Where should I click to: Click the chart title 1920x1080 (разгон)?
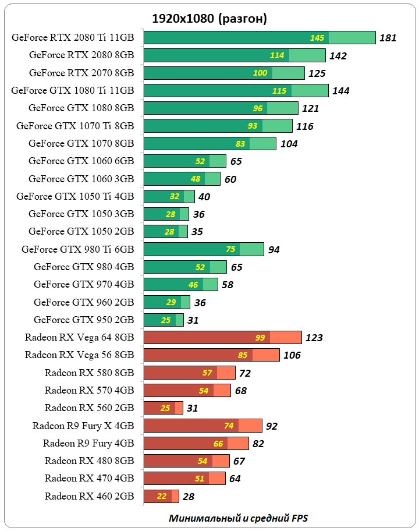[210, 19]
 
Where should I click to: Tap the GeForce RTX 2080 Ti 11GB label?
[73, 38]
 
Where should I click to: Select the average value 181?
[388, 38]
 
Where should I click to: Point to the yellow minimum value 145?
[317, 38]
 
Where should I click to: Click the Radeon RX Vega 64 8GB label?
[80, 337]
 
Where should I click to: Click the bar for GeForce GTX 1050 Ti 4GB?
[169, 196]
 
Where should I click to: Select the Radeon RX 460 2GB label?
[89, 496]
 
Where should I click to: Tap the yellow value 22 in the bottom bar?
[162, 497]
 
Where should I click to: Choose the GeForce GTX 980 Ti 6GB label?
[78, 249]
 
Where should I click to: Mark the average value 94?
[274, 250]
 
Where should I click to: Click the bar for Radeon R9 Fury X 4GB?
[203, 426]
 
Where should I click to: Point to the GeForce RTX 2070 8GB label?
[81, 73]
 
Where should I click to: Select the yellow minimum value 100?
[260, 73]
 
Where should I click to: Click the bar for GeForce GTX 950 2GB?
[164, 320]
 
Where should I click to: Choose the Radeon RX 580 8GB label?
[89, 373]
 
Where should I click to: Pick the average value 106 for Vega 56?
[292, 355]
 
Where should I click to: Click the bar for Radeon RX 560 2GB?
[163, 408]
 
